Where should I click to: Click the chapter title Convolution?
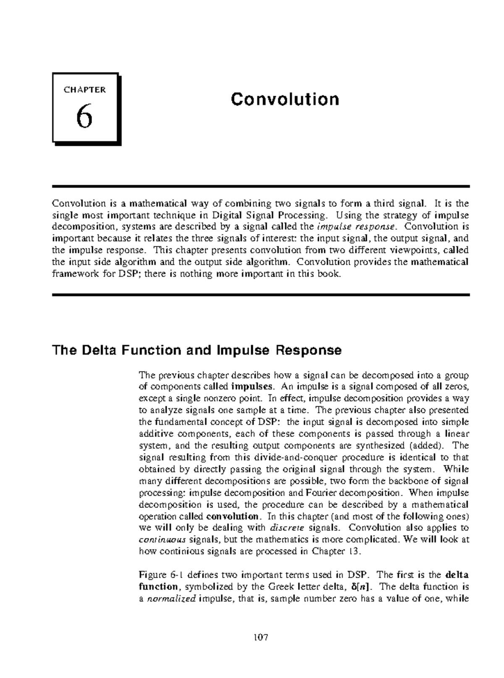pos(285,100)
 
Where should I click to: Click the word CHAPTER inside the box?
pos(84,89)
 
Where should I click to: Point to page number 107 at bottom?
pos(260,638)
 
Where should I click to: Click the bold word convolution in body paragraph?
pos(234,516)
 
